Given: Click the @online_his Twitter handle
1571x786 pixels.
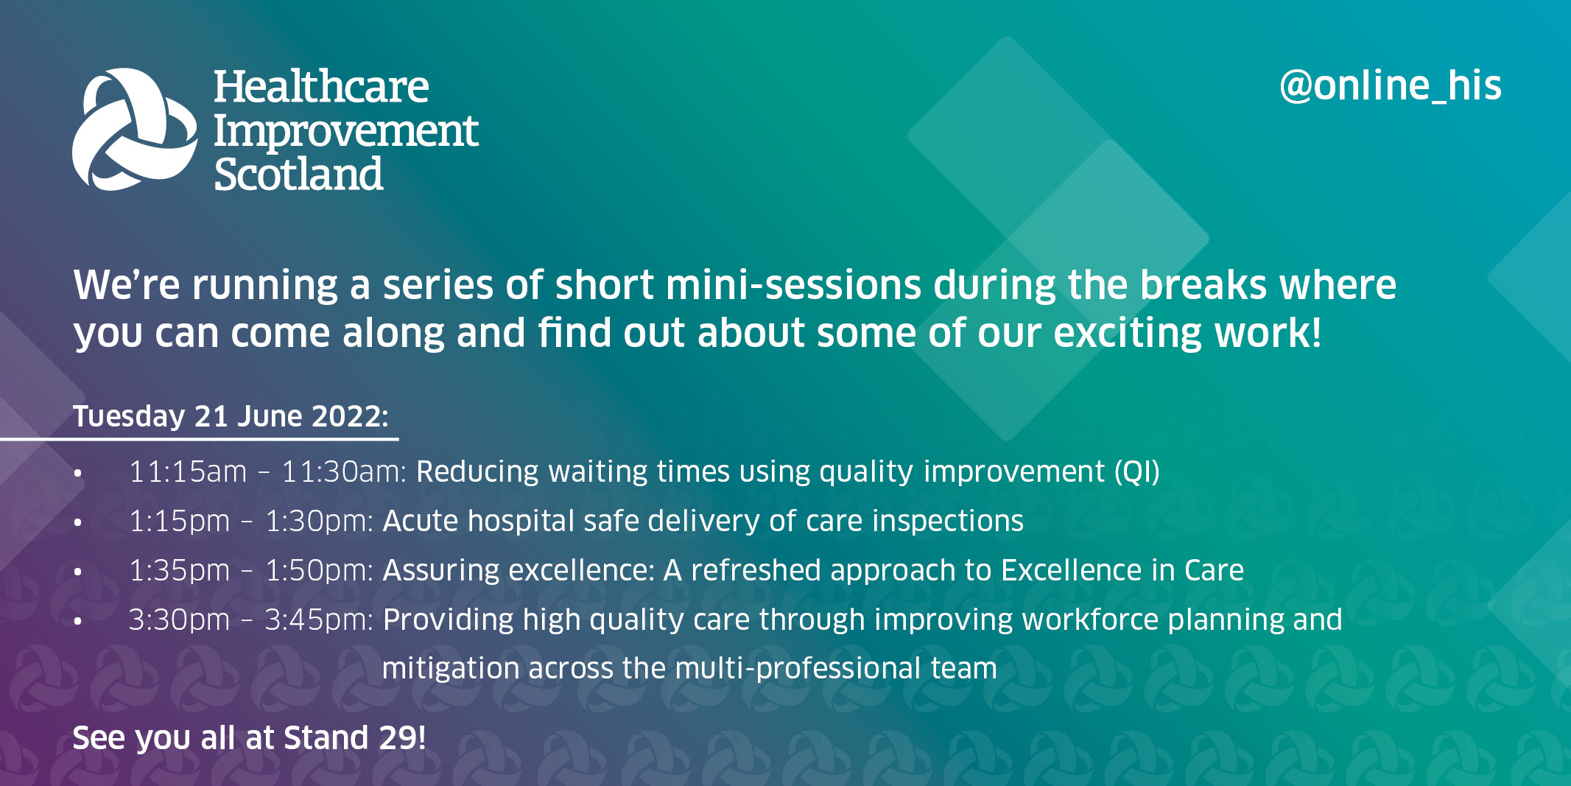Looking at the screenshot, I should click(x=1390, y=86).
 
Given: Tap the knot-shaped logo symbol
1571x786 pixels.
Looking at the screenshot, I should click(x=135, y=130).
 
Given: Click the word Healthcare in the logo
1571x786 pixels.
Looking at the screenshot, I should click(x=320, y=88).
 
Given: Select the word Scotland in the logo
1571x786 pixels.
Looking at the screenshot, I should click(x=298, y=175).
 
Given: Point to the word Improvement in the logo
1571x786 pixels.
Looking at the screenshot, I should click(x=345, y=132).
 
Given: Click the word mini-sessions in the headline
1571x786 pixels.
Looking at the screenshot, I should click(x=793, y=285).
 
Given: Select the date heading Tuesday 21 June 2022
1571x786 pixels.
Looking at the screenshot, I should click(x=230, y=416).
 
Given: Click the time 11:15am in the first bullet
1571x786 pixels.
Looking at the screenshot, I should click(x=188, y=472).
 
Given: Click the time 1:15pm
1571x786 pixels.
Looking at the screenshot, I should click(x=179, y=522).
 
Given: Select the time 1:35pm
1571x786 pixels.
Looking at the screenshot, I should click(x=179, y=571).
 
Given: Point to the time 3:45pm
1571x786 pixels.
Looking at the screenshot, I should click(x=318, y=620).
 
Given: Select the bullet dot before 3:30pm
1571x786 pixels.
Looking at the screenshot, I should click(x=78, y=621).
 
